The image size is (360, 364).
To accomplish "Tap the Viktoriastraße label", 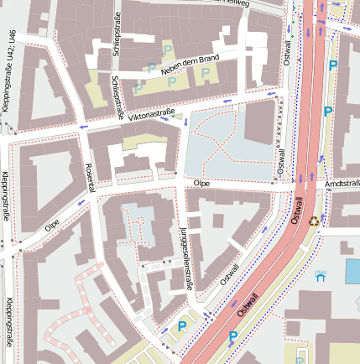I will coord(151,114).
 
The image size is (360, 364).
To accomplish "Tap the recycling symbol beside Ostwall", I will coord(314,221).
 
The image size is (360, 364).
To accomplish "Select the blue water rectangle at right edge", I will coord(352,271).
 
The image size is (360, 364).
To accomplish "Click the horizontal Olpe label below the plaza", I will coord(201,182).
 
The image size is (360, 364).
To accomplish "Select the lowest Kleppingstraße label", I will coord(8,324).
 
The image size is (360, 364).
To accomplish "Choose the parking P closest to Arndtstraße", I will coord(328,112).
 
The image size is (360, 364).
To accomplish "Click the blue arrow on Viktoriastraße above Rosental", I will coord(82,127).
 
